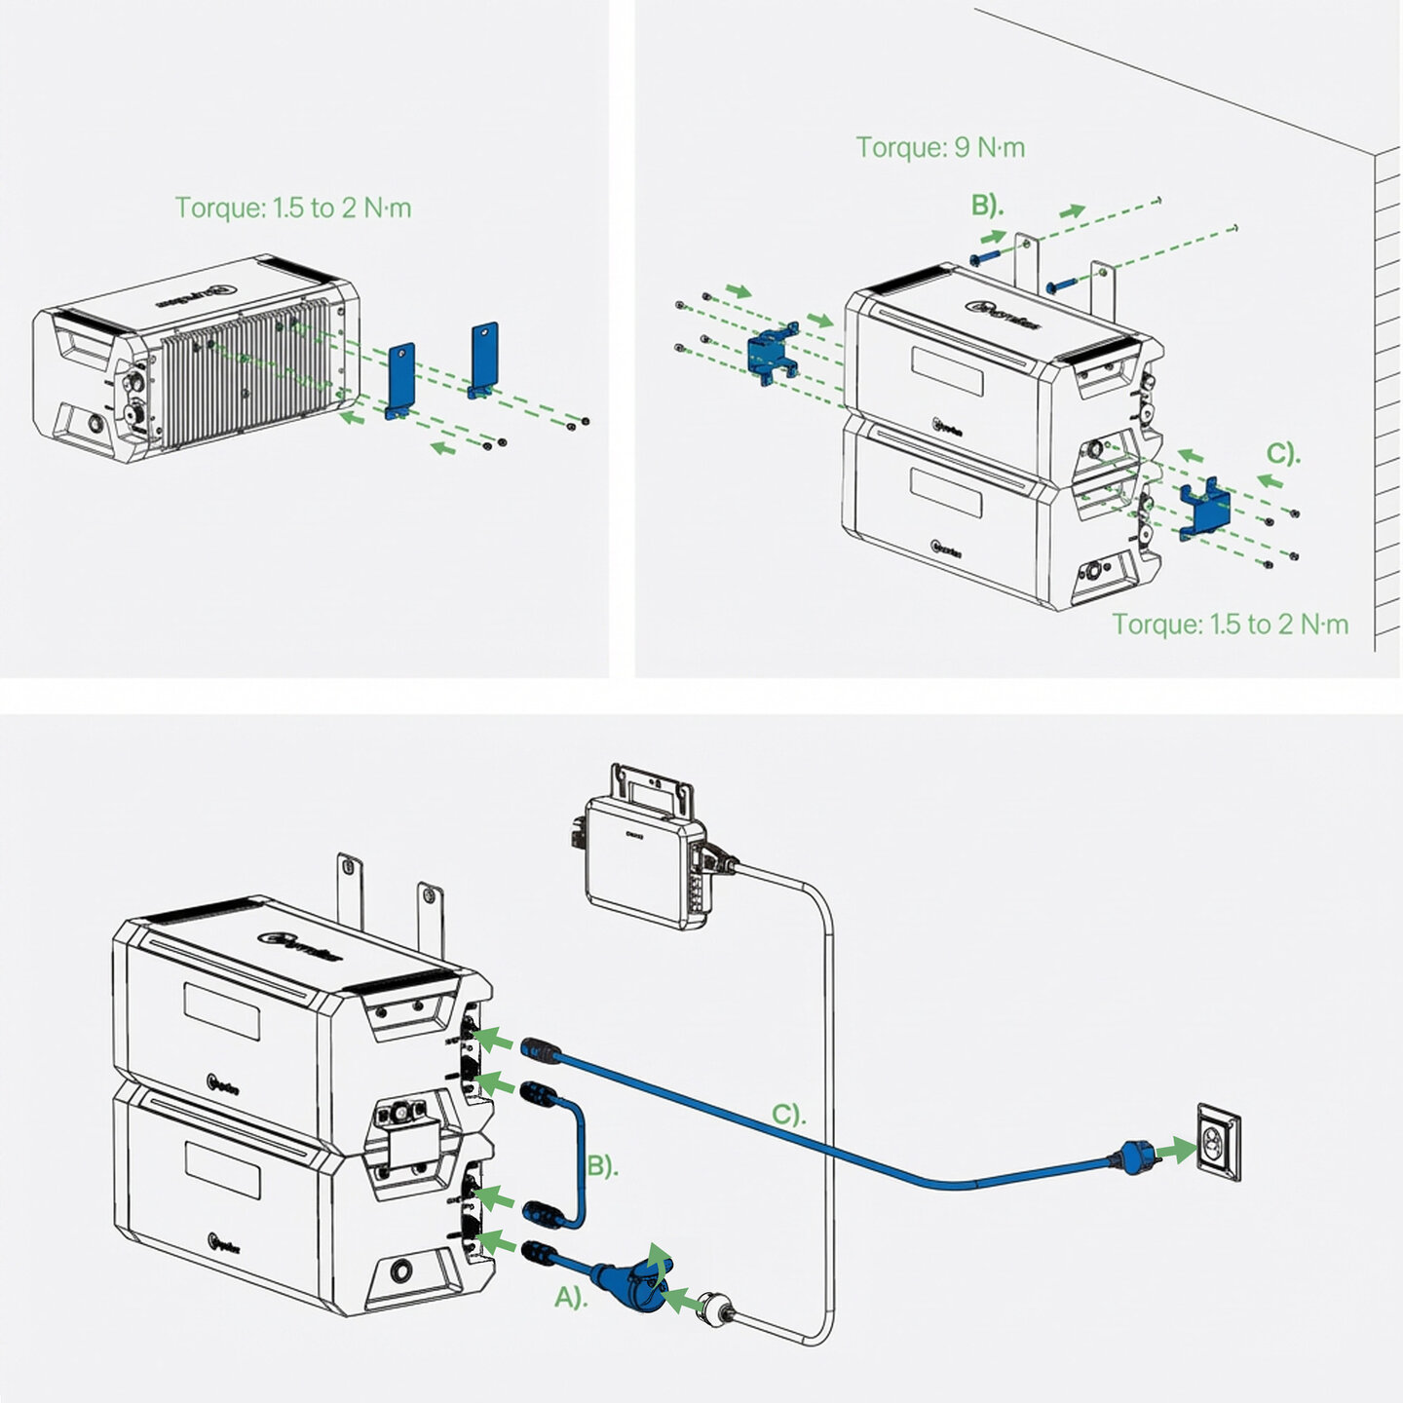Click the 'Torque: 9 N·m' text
pyautogui.click(x=940, y=147)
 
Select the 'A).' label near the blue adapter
pyautogui.click(x=571, y=1297)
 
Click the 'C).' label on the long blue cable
pyautogui.click(x=788, y=1114)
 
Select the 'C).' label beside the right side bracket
pyautogui.click(x=1283, y=454)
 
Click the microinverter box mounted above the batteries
pyautogui.click(x=643, y=853)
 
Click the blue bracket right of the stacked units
pyautogui.click(x=1203, y=508)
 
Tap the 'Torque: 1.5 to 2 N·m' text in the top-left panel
pyautogui.click(x=293, y=208)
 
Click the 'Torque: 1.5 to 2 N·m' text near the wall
pyautogui.click(x=1231, y=624)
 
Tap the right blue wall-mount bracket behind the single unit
pyautogui.click(x=484, y=359)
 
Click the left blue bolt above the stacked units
pyautogui.click(x=985, y=256)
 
